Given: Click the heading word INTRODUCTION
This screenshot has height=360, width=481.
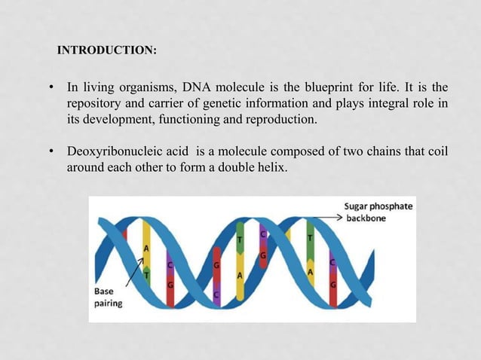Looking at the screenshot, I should (x=106, y=52).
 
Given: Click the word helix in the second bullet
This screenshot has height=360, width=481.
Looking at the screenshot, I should (x=270, y=166).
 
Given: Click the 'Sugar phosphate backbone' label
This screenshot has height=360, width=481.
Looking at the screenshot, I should (x=378, y=212).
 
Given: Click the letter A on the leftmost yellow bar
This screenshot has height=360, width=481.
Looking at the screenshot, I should (x=146, y=247).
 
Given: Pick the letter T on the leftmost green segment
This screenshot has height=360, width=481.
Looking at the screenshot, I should (x=146, y=274).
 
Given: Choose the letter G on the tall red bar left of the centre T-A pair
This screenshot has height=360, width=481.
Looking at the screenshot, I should (x=216, y=265).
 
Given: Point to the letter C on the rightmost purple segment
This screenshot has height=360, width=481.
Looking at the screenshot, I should (x=332, y=262).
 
